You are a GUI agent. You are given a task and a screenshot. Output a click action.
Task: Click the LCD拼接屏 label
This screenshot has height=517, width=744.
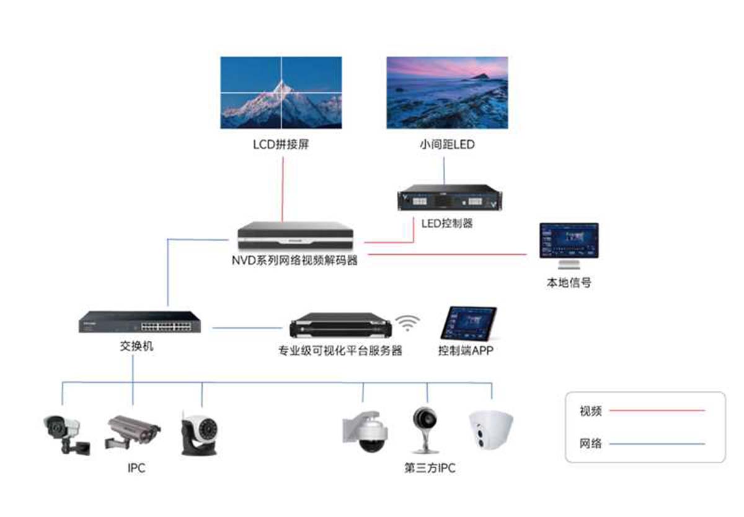281,146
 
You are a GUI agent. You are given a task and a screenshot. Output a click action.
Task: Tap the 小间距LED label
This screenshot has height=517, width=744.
446,146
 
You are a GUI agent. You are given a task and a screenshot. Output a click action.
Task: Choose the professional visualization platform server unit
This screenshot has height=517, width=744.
340,327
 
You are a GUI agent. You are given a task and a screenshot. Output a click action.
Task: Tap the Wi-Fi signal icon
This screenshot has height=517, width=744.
408,322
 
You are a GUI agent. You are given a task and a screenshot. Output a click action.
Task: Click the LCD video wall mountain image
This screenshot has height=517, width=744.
281,93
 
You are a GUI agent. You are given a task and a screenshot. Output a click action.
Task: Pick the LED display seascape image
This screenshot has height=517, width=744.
447,93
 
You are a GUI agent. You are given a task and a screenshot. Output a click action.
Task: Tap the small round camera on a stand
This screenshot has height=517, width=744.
426,428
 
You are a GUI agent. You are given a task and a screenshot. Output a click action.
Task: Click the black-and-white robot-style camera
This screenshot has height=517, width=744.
199,431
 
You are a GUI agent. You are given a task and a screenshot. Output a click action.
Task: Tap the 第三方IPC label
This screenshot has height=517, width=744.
429,469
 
